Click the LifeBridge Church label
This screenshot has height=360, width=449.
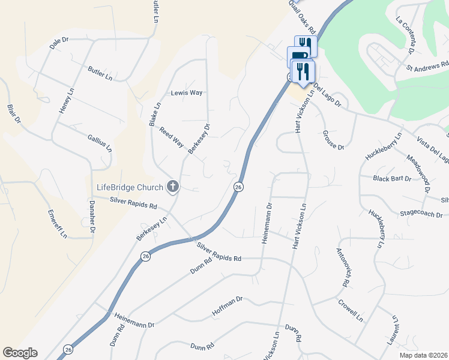click(x=130, y=187)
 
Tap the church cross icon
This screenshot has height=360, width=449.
click(x=173, y=187)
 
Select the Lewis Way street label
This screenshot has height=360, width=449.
click(x=187, y=93)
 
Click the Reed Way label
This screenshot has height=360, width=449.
click(x=170, y=137)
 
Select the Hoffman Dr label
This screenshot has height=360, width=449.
click(x=227, y=306)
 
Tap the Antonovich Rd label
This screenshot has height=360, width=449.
click(x=343, y=266)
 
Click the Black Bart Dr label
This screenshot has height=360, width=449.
click(x=392, y=179)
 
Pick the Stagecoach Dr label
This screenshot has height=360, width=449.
click(x=421, y=214)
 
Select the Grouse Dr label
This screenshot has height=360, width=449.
click(x=333, y=140)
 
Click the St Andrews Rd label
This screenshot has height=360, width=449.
click(x=427, y=64)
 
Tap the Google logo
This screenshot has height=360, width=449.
click(x=20, y=353)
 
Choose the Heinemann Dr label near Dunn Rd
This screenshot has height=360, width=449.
click(x=134, y=324)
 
